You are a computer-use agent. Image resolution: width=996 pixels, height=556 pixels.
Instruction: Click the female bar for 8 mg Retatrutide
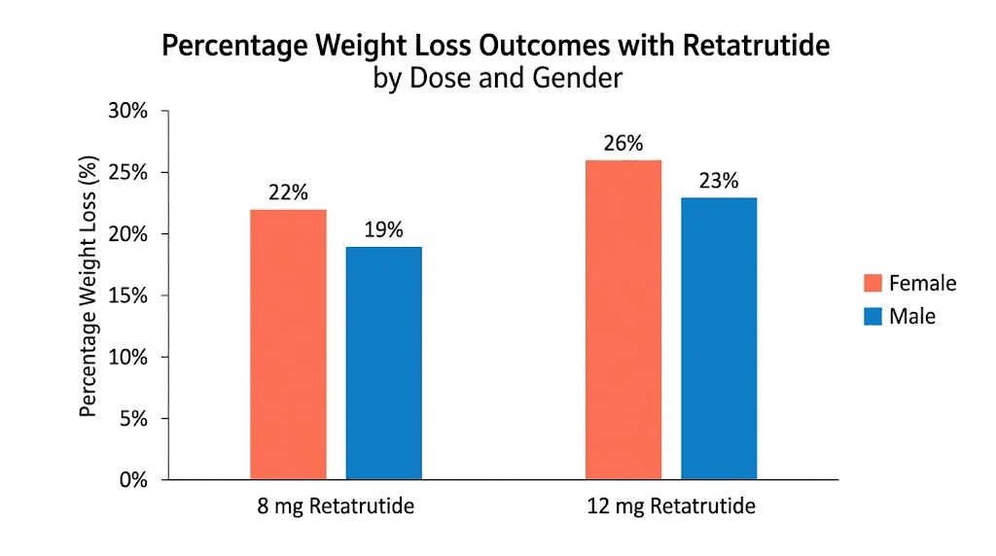288,344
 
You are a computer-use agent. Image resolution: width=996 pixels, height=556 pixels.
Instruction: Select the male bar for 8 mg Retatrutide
383,363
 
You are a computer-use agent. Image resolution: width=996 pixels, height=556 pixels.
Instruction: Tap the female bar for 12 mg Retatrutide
622,320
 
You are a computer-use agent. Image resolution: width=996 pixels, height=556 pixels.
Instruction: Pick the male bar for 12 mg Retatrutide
718,338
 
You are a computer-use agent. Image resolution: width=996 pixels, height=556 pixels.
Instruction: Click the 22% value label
288,192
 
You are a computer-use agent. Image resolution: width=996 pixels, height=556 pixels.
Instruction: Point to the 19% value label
383,230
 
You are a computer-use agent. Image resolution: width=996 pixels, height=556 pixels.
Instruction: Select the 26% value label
622,144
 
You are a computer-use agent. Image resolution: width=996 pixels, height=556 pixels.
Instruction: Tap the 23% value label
718,181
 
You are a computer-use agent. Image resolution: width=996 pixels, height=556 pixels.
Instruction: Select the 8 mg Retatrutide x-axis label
336,506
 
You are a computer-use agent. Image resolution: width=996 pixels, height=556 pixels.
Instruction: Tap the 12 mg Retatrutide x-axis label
670,506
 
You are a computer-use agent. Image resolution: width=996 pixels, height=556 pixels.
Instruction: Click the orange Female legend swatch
872,283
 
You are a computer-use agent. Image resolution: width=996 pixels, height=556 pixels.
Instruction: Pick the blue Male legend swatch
872,316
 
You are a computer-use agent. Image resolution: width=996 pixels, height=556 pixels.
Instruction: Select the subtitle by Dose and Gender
497,78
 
